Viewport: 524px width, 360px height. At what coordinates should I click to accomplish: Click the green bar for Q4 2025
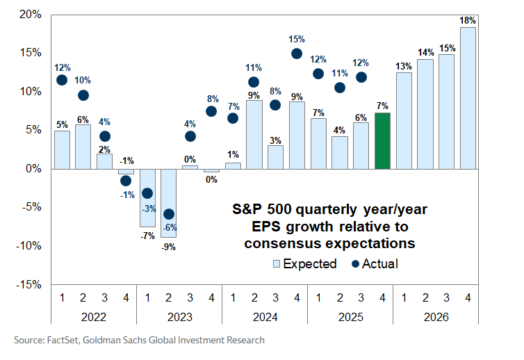[382, 141]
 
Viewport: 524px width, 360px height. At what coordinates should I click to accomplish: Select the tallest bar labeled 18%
[468, 98]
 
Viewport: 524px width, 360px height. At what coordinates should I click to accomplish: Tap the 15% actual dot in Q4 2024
[297, 54]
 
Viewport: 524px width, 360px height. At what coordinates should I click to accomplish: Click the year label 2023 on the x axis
[179, 317]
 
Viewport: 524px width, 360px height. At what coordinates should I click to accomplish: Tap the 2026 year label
[436, 317]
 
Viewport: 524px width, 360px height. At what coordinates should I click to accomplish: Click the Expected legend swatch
[276, 264]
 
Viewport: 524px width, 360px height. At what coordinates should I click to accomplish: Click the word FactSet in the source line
[65, 341]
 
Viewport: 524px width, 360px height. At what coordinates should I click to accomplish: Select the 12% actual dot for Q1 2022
[62, 80]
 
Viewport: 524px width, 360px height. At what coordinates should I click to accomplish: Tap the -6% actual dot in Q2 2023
[168, 214]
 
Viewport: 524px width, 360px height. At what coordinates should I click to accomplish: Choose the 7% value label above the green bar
[382, 106]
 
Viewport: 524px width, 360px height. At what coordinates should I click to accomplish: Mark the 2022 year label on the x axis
[94, 317]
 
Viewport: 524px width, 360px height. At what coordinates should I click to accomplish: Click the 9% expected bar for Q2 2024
[254, 135]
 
